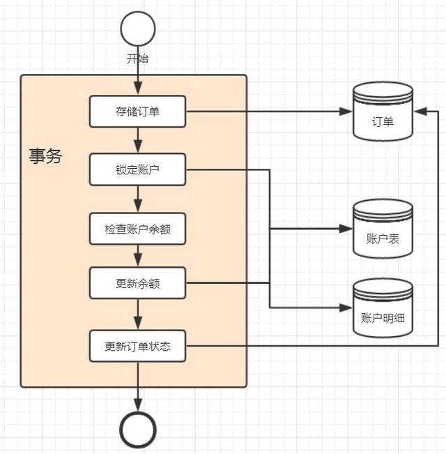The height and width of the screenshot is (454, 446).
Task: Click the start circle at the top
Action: (138, 29)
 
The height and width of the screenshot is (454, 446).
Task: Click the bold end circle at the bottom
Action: (138, 430)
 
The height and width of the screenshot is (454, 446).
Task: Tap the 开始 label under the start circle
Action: (137, 58)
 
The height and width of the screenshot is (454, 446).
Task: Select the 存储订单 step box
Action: (137, 111)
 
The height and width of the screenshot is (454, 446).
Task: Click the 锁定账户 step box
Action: (137, 169)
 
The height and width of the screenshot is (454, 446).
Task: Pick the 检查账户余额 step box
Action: (137, 229)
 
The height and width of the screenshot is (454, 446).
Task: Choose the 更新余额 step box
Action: (137, 283)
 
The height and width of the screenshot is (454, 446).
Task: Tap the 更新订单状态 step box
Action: (137, 346)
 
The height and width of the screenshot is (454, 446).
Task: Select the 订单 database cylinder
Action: (383, 112)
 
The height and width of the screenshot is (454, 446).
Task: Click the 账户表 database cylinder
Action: (383, 228)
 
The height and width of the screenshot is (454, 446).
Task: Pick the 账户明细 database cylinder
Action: (383, 308)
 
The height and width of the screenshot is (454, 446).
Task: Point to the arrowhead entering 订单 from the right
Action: (420, 111)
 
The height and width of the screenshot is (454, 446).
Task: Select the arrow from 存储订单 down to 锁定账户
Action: (138, 140)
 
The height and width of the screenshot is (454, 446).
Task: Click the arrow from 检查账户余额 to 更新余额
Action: (138, 256)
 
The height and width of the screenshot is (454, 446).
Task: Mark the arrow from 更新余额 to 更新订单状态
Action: (138, 315)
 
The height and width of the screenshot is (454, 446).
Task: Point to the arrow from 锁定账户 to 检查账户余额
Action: (138, 199)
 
